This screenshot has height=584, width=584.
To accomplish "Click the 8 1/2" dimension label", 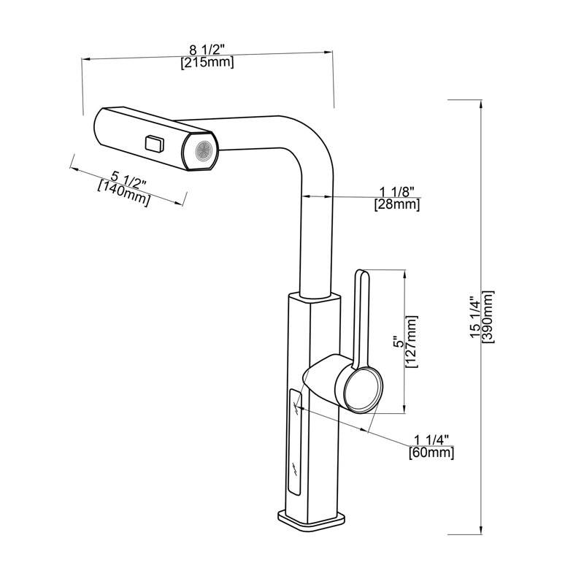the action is (x=207, y=50).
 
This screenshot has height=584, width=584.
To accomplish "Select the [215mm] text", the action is (x=207, y=62).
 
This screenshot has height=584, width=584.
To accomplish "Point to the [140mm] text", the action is (x=124, y=193).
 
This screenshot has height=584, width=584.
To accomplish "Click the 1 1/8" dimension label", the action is (x=397, y=192).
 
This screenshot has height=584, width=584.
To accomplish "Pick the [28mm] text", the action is (x=397, y=204).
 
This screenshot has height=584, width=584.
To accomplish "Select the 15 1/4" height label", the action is (x=475, y=318).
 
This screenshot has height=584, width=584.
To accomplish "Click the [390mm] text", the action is (x=488, y=317).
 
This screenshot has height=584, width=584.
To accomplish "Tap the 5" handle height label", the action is (x=399, y=342).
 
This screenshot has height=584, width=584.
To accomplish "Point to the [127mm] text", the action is (x=412, y=342).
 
